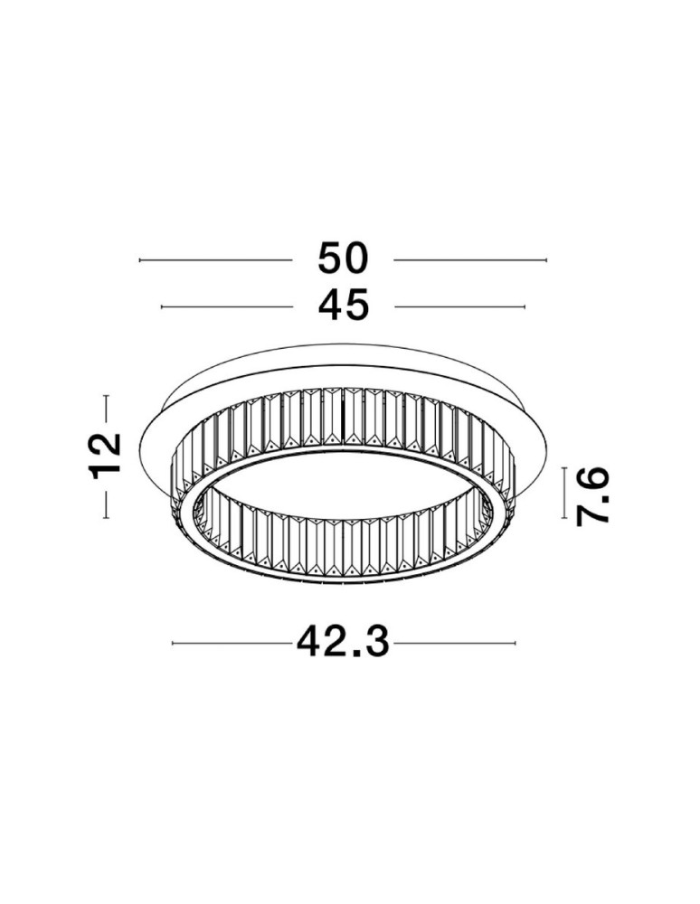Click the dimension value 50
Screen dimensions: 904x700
point(344,259)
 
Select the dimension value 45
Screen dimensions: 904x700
point(344,306)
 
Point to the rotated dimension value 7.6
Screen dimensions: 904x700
point(592,495)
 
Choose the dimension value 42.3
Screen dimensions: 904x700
point(343,643)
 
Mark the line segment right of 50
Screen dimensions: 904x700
point(470,260)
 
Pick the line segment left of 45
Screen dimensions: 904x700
point(226,307)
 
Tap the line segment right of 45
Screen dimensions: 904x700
point(459,307)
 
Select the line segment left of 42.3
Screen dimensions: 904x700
point(232,643)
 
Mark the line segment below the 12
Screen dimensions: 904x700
point(107,503)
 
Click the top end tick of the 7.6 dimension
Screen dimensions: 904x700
point(564,467)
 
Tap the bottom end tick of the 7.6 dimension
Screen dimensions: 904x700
point(564,523)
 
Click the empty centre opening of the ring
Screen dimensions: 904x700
point(344,493)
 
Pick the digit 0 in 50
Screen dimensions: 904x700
point(356,259)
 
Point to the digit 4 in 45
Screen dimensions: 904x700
point(331,306)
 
